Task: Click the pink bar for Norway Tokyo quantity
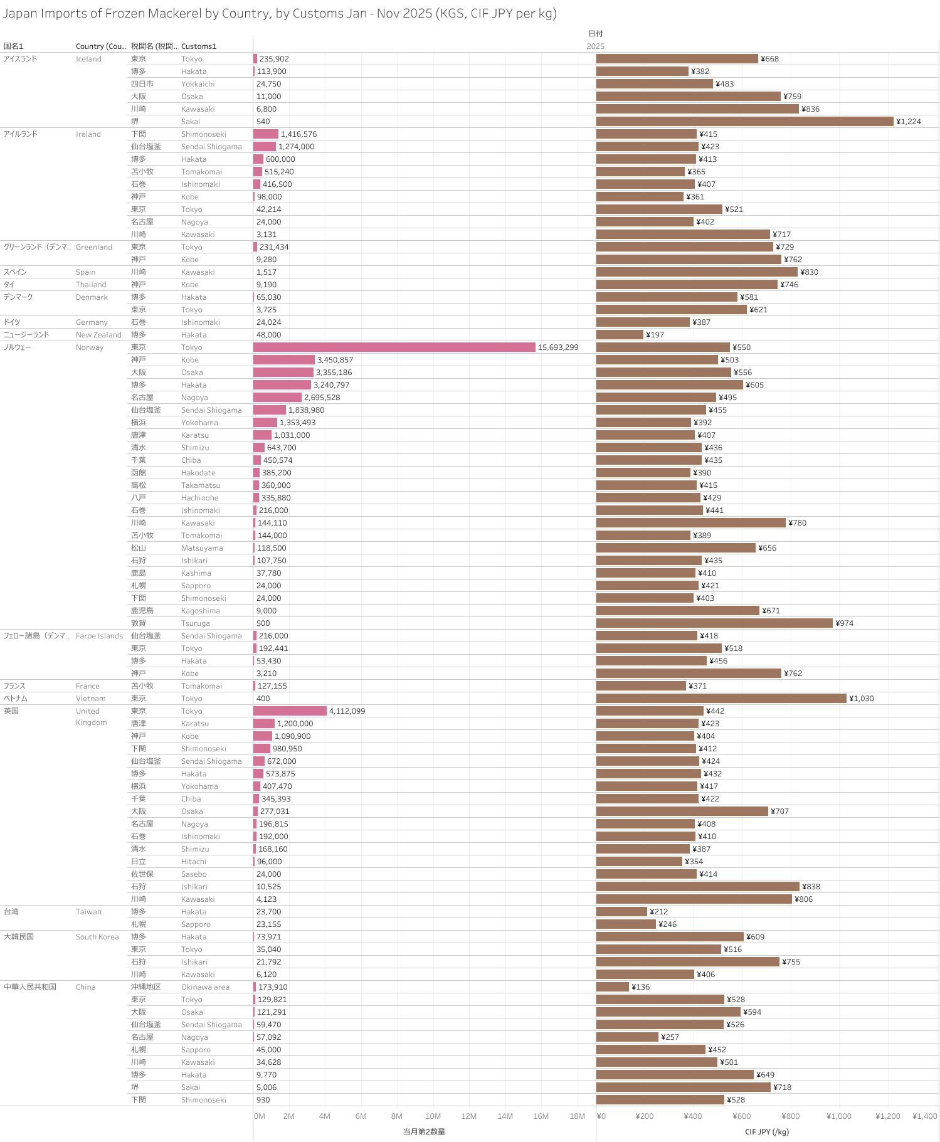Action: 394,347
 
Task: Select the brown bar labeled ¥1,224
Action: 744,121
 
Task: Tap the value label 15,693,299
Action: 558,347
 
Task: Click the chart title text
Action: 280,13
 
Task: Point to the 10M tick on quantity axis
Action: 433,1116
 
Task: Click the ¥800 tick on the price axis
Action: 790,1116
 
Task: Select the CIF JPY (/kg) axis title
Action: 767,1131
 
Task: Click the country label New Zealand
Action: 98,334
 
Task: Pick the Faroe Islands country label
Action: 99,635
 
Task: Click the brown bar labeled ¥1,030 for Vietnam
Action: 721,698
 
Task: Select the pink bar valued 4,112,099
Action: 290,711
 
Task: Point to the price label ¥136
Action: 640,986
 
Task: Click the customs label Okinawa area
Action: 205,986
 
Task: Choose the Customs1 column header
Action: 199,46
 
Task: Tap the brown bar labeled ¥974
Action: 714,623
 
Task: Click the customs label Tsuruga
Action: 196,623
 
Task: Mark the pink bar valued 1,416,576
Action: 265,134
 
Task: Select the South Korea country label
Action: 97,936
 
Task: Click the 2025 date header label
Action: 595,46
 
